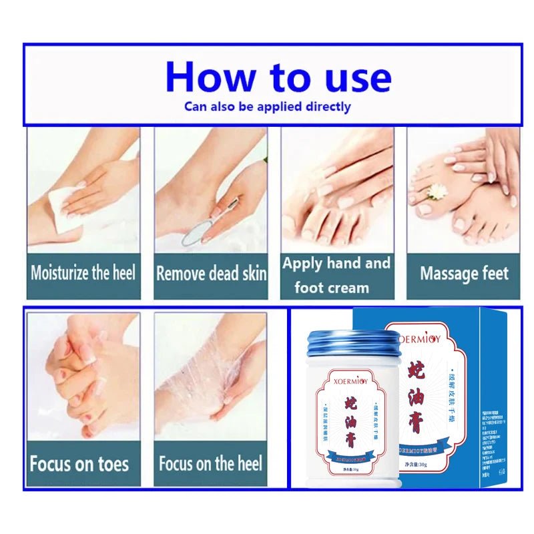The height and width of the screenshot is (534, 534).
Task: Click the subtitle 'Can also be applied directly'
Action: (x=267, y=107)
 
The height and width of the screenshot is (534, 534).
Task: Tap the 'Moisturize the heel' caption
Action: (x=83, y=273)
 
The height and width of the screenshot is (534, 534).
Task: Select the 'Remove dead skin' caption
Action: (x=211, y=274)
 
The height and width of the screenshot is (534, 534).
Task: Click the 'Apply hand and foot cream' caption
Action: (x=336, y=275)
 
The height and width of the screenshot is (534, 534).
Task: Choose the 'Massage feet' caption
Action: (x=464, y=274)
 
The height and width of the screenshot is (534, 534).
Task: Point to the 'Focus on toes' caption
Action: (x=79, y=464)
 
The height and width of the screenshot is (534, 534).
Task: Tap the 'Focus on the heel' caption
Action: (x=210, y=463)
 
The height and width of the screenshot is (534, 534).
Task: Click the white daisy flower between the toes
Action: (x=436, y=192)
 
